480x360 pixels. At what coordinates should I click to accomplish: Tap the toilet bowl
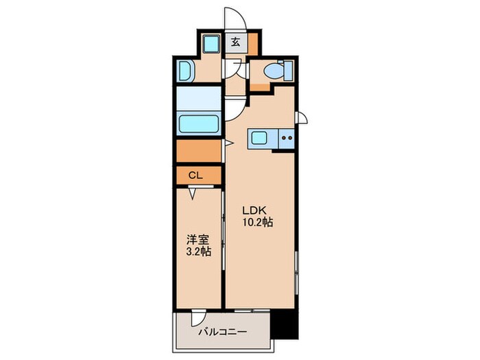tap(274, 70)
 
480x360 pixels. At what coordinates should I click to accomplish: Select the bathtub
tap(199, 125)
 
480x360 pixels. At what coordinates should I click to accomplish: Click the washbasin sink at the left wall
tap(185, 70)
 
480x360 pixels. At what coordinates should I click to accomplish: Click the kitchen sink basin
tap(261, 138)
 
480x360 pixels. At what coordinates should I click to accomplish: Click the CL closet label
tap(195, 176)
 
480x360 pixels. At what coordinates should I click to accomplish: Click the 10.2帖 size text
tap(257, 223)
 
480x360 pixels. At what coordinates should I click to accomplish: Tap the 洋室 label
tap(197, 240)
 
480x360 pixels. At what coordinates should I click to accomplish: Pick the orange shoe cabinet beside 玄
tap(253, 45)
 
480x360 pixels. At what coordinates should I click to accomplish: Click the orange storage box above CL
tap(199, 150)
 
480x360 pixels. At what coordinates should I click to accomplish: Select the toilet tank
tap(289, 70)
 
